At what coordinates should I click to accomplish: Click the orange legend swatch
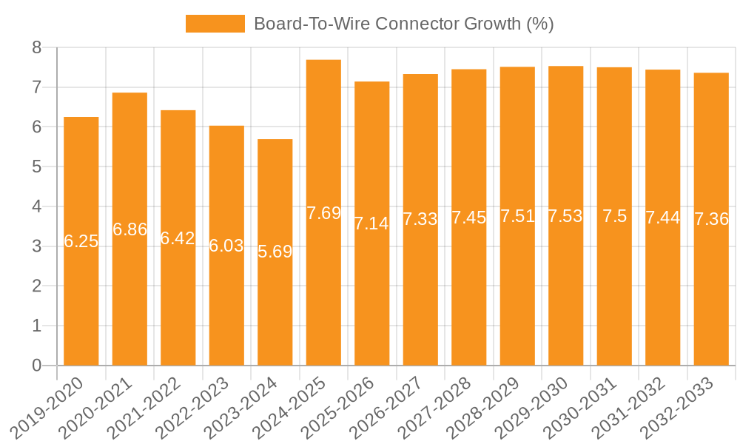click(x=215, y=24)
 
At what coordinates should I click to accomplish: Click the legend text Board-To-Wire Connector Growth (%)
click(x=403, y=24)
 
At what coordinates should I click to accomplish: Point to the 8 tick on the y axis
click(x=37, y=48)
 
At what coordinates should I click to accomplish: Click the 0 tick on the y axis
click(x=37, y=366)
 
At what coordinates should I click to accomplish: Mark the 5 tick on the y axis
click(x=37, y=167)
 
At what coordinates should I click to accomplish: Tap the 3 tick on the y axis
click(x=37, y=246)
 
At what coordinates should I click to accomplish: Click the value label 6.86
click(x=130, y=229)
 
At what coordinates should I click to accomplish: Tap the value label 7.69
click(x=324, y=213)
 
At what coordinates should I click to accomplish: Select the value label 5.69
click(x=275, y=252)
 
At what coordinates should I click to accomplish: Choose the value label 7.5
click(x=614, y=216)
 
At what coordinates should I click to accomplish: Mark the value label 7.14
click(x=371, y=223)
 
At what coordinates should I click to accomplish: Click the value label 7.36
click(x=711, y=219)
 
